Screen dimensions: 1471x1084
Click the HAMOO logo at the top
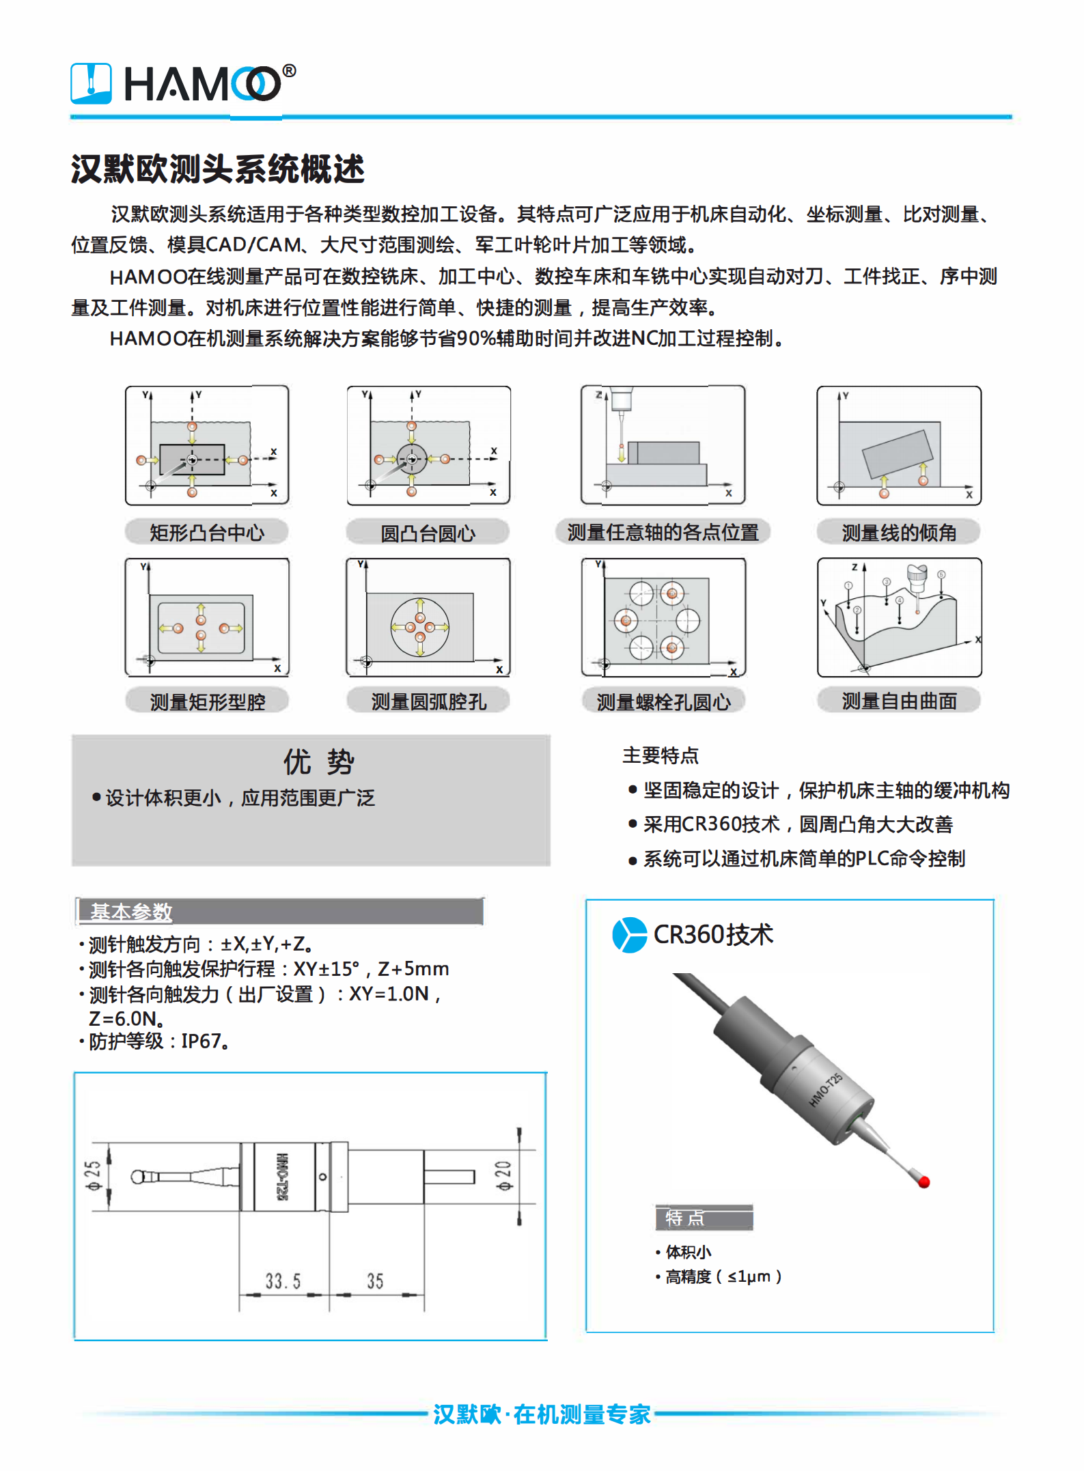[183, 84]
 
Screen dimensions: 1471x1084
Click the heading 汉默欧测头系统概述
[217, 169]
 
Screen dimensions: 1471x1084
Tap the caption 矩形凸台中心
[207, 533]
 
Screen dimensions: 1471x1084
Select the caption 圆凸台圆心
[428, 533]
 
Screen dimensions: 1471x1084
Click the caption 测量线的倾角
[898, 533]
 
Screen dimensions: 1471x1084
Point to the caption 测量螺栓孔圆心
[663, 701]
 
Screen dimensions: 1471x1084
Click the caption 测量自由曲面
[898, 701]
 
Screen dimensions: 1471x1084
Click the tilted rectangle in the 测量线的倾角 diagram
[897, 453]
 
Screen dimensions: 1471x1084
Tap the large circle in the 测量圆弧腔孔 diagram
[420, 627]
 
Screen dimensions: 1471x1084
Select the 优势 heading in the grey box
[318, 761]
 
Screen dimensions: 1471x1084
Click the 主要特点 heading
[660, 755]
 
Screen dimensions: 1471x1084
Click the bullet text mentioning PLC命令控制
[803, 858]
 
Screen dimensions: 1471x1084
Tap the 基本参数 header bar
[279, 912]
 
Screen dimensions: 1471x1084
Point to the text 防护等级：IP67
[157, 1041]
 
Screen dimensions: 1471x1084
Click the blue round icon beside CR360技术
[629, 935]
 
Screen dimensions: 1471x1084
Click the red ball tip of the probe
[924, 1181]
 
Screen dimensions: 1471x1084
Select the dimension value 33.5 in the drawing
[283, 1281]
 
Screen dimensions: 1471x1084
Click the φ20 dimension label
[503, 1175]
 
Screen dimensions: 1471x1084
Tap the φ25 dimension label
[93, 1175]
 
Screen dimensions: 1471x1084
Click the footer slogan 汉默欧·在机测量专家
[541, 1414]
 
